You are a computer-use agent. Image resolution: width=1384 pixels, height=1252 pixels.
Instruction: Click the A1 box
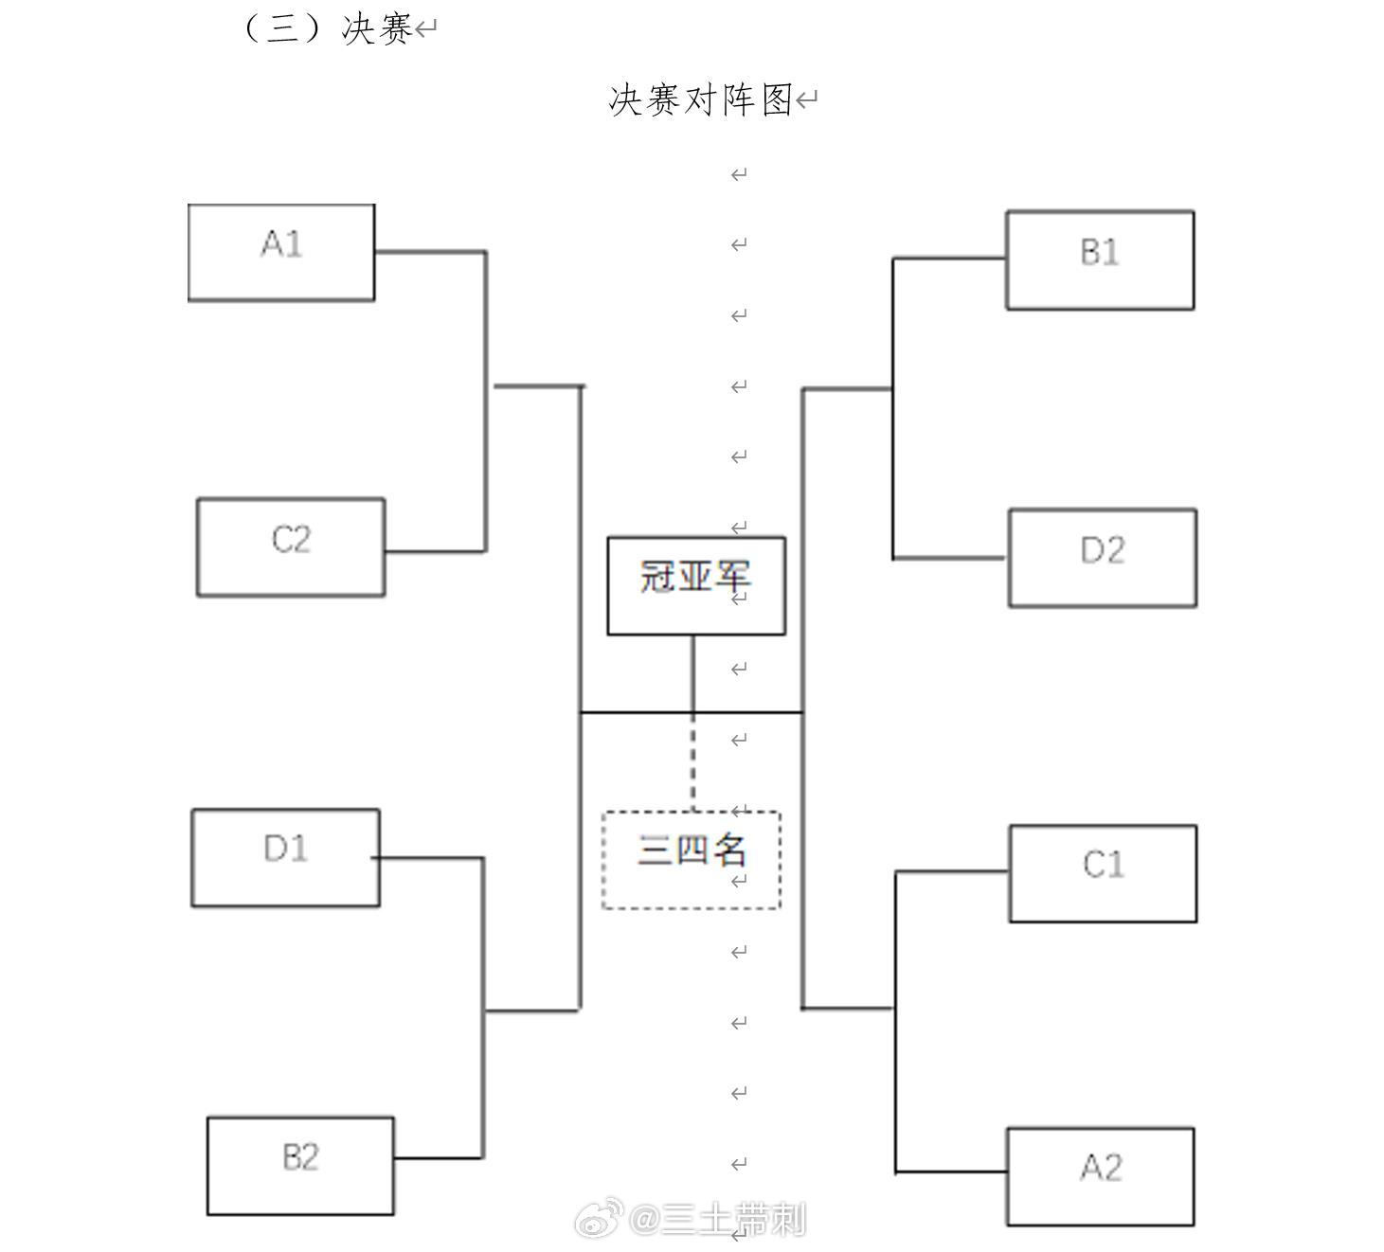[281, 253]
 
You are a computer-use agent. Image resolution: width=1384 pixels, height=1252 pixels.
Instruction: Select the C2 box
[291, 547]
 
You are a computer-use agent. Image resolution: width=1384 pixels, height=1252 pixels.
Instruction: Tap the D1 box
[286, 857]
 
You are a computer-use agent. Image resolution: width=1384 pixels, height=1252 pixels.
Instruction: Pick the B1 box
[1101, 260]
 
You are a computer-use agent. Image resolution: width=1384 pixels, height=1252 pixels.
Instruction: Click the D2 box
[1103, 558]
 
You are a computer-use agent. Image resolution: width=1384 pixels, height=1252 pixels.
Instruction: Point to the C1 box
[1104, 873]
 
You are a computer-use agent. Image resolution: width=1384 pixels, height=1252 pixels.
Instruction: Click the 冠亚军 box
[696, 585]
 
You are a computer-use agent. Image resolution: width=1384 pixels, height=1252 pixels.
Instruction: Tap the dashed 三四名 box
[692, 860]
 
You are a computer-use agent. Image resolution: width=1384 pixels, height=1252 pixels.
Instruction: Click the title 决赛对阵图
[700, 100]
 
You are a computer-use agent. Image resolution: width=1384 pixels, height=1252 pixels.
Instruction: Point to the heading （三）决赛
[326, 29]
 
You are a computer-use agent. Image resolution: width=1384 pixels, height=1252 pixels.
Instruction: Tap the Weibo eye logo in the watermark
[598, 1220]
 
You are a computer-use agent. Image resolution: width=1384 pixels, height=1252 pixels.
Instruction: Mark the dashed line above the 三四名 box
[693, 761]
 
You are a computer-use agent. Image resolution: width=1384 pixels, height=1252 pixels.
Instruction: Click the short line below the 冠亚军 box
[693, 673]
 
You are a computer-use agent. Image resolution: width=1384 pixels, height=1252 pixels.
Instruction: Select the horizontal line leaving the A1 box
[431, 252]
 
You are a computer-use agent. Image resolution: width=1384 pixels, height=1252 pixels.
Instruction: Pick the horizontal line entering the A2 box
[951, 1172]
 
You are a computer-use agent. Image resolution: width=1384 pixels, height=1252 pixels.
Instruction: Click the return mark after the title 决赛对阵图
[806, 100]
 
